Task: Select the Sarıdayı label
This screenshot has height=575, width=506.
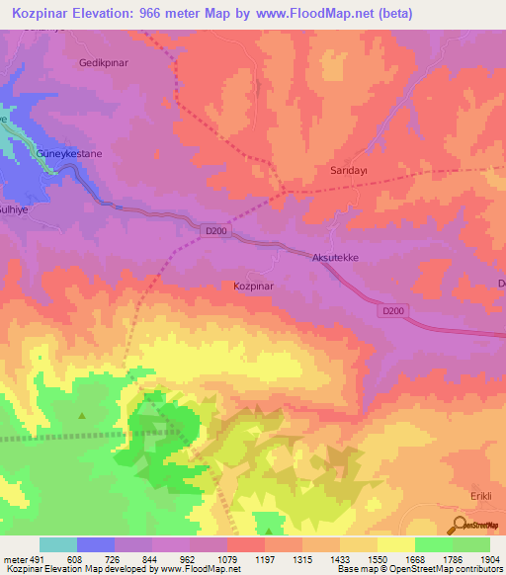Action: (348, 170)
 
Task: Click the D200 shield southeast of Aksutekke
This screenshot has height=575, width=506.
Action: (392, 311)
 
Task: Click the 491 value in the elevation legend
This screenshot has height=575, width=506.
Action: (37, 558)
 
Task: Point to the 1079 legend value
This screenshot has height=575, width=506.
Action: (210, 558)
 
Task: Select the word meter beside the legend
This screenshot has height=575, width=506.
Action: (15, 558)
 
